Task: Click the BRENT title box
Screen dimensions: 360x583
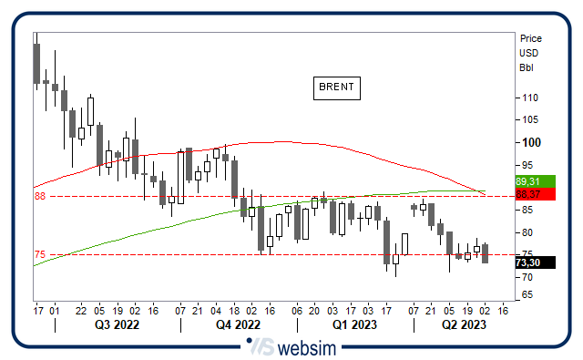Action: pyautogui.click(x=336, y=87)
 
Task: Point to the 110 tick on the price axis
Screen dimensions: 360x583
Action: pyautogui.click(x=528, y=98)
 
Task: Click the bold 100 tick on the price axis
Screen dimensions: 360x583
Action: pyautogui.click(x=528, y=142)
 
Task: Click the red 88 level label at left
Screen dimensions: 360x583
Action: pyautogui.click(x=40, y=196)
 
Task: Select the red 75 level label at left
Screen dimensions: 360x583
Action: pyautogui.click(x=40, y=255)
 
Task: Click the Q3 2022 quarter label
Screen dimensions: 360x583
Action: pyautogui.click(x=116, y=324)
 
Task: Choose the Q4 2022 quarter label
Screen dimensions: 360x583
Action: pyautogui.click(x=239, y=324)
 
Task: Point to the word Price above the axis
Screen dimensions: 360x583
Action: pyautogui.click(x=530, y=38)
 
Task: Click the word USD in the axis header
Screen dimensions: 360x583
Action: pyautogui.click(x=528, y=53)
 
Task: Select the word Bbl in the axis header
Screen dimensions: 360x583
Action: pyautogui.click(x=526, y=67)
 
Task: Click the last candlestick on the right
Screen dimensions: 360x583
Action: pyautogui.click(x=486, y=253)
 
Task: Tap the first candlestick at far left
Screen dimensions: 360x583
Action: pyautogui.click(x=36, y=64)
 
